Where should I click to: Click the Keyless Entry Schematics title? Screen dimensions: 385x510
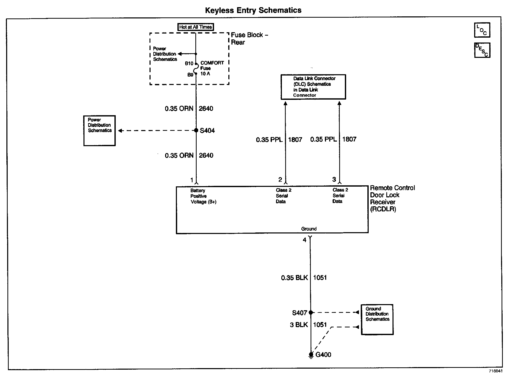(253, 10)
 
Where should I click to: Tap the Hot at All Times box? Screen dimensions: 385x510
(195, 27)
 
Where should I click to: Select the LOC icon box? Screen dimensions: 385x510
(482, 30)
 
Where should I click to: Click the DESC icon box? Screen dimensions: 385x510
(482, 50)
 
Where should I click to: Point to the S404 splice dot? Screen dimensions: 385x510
(196, 130)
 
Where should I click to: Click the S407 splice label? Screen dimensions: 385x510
(299, 313)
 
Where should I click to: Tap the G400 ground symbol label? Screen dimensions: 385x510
(323, 355)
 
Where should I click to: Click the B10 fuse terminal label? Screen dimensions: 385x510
(189, 63)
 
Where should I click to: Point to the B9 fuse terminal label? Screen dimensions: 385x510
(190, 75)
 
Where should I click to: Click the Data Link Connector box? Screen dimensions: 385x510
(313, 87)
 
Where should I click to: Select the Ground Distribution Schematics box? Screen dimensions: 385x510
(377, 319)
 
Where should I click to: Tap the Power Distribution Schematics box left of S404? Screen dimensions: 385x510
(99, 131)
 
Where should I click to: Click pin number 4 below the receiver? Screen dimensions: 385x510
(304, 240)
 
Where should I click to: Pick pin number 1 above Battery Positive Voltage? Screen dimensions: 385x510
(192, 180)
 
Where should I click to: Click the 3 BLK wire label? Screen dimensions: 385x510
(299, 325)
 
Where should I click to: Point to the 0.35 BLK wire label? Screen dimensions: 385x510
(294, 278)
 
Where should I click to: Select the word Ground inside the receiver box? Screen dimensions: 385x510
(309, 229)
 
